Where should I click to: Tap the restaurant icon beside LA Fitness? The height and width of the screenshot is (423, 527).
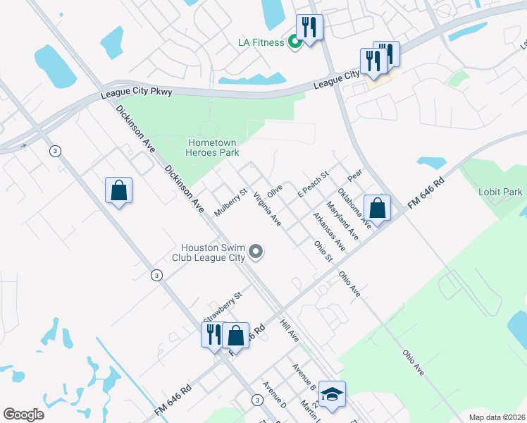(x=309, y=29)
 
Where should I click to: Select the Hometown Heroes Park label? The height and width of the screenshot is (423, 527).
(x=213, y=147)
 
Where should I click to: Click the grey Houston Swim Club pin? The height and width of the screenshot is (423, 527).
(x=256, y=251)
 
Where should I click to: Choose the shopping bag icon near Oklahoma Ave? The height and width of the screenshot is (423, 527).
(x=378, y=209)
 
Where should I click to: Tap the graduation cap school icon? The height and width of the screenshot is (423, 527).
(x=333, y=393)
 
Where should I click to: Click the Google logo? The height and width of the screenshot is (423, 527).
(x=23, y=414)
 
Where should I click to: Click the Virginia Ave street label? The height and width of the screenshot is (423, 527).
(x=268, y=210)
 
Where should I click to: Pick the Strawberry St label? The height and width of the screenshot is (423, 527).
(x=223, y=305)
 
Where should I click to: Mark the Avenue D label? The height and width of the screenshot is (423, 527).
(x=274, y=395)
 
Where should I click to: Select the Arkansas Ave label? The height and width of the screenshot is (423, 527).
(x=330, y=232)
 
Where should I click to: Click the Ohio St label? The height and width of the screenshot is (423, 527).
(x=323, y=252)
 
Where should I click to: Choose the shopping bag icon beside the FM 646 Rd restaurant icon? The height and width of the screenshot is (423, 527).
(x=236, y=336)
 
